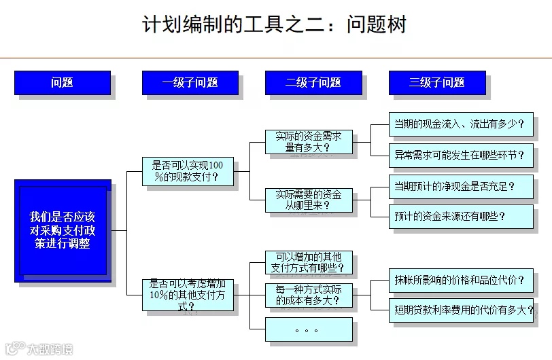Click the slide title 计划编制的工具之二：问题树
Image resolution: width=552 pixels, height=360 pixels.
tap(275, 25)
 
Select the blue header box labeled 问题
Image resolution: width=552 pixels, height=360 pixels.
tap(62, 83)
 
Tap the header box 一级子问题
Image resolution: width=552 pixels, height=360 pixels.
tap(190, 83)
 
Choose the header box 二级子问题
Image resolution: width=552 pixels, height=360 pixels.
tap(313, 83)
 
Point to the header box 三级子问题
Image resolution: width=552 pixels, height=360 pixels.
tap(437, 83)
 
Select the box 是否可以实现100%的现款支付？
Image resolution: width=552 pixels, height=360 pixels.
tap(187, 171)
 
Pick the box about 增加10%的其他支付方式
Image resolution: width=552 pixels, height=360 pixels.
tap(187, 295)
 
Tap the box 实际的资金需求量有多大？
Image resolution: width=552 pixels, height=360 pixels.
tap(309, 142)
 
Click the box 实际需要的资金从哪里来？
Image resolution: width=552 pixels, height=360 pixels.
tap(309, 200)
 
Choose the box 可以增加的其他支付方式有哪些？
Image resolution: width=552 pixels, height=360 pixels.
tap(309, 262)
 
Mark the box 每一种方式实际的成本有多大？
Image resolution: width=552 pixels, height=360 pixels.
tap(309, 295)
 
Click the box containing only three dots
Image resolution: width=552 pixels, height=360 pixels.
tap(309, 329)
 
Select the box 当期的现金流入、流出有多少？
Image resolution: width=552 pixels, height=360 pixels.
tap(460, 124)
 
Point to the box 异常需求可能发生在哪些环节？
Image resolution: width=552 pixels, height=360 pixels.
tap(460, 155)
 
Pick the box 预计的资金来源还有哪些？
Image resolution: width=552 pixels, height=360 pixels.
tap(460, 217)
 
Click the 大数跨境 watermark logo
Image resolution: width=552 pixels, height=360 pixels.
tap(38, 348)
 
